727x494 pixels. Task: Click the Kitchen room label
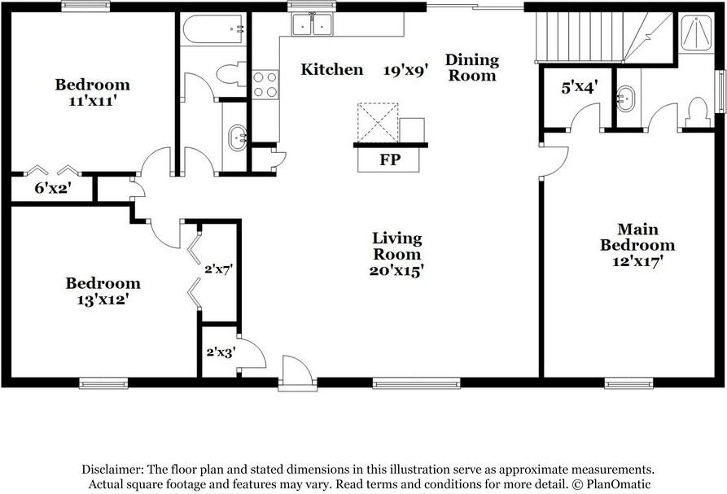click(332, 70)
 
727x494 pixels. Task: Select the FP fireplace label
click(390, 160)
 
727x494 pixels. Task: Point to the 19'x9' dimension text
click(406, 70)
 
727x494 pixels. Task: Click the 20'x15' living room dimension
click(396, 270)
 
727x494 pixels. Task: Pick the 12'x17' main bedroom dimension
click(637, 261)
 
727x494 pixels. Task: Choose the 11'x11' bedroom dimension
click(92, 101)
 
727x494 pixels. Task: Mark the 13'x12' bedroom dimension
click(103, 299)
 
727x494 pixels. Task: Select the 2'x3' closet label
click(220, 352)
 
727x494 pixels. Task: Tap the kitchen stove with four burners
click(265, 85)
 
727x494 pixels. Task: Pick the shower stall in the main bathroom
click(696, 33)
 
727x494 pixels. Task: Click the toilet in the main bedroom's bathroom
click(698, 113)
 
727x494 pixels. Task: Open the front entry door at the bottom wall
click(297, 374)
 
